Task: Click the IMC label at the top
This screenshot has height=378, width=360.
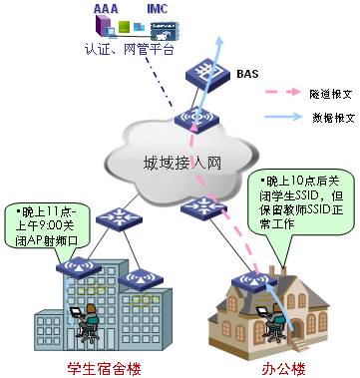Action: (158, 8)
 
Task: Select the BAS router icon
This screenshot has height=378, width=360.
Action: (207, 76)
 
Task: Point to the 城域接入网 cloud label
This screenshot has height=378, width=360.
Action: (184, 164)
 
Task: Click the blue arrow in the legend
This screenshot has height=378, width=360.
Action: (282, 118)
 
